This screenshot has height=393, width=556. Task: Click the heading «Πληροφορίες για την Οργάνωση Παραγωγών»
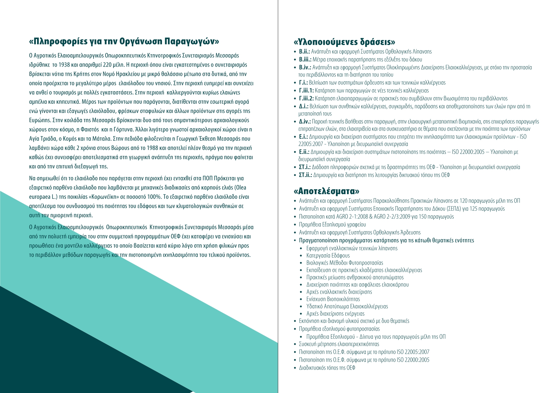(x=124, y=42)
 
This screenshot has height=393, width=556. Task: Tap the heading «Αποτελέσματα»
(x=326, y=191)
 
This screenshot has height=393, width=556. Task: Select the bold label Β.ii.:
(x=304, y=51)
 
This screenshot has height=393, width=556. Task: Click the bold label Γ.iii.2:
(x=306, y=98)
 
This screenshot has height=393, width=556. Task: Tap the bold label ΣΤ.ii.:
(x=305, y=175)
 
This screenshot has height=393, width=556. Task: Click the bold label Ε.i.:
(x=303, y=137)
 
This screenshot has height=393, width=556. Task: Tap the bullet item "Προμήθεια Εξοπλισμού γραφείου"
(x=333, y=225)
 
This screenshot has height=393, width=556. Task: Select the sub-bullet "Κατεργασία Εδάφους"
(x=328, y=256)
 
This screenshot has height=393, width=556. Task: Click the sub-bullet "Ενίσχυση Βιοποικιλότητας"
(x=333, y=299)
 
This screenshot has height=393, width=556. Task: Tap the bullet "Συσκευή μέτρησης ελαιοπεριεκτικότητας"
(x=339, y=344)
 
